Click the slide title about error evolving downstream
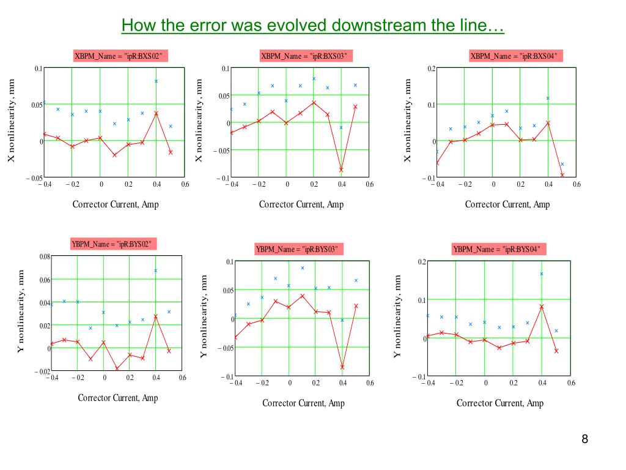(x=312, y=26)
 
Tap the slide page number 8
(x=584, y=439)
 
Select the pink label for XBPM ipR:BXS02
(x=120, y=56)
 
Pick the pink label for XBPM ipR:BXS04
(x=516, y=56)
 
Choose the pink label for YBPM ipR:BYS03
(x=298, y=249)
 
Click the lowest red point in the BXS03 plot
(x=341, y=170)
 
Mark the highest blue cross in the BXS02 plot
(x=156, y=81)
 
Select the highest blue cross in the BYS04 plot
(x=542, y=274)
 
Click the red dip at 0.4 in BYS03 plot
(x=342, y=367)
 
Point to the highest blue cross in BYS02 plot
(x=155, y=270)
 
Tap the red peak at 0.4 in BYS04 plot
(x=542, y=307)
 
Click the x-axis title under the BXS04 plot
(x=507, y=204)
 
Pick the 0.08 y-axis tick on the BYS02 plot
(x=45, y=256)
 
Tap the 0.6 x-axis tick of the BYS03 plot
(x=369, y=383)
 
